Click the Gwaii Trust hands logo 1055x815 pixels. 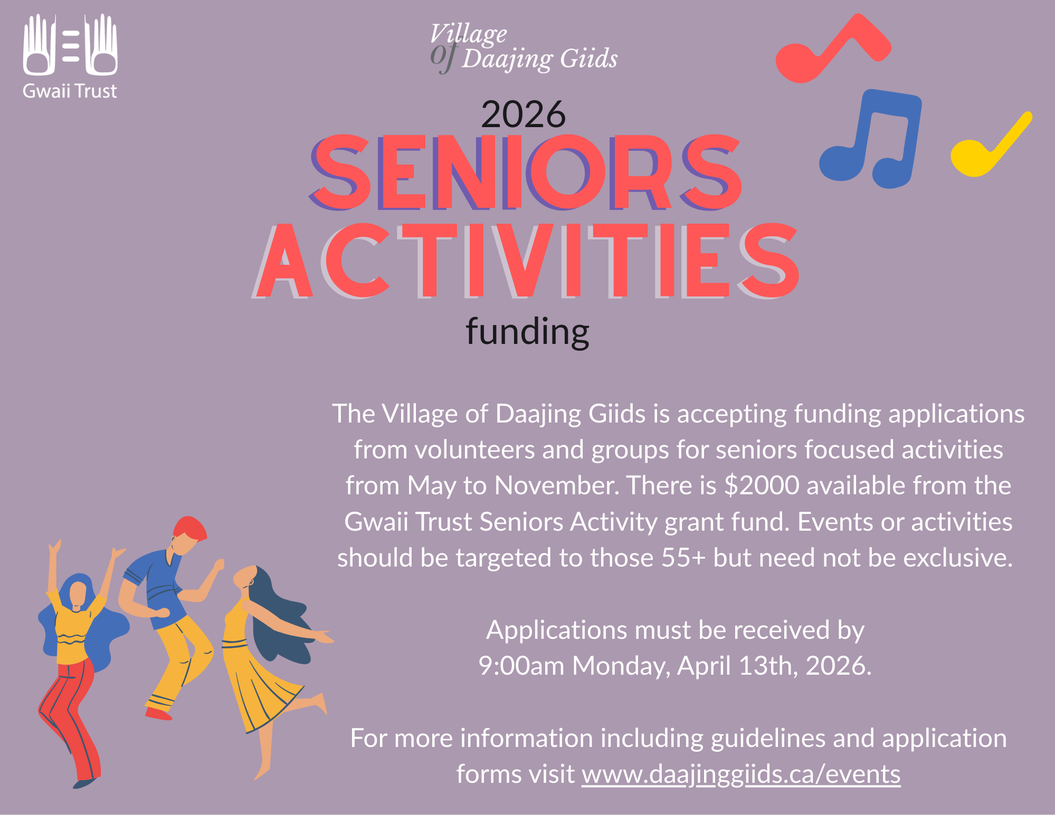point(70,45)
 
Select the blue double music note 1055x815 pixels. point(871,140)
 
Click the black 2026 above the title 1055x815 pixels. point(523,114)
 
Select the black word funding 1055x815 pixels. point(527,332)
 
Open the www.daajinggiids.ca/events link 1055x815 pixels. point(741,774)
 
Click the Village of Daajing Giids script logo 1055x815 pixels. point(522,47)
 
